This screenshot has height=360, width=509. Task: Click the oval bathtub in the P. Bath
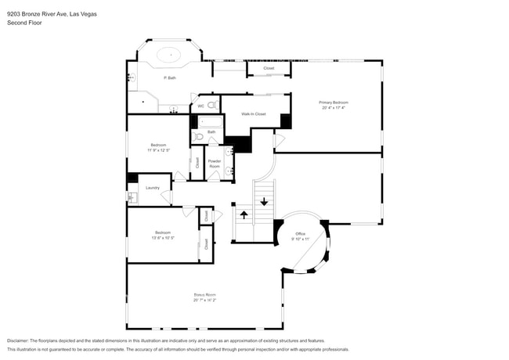[169, 56]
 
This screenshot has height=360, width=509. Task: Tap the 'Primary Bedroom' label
[333, 103]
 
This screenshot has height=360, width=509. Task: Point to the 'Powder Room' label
[214, 164]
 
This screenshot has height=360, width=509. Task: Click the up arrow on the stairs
[243, 214]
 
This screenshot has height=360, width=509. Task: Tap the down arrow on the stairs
[264, 202]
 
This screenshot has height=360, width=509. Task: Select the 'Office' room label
[300, 234]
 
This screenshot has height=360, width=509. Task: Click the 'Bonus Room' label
[204, 295]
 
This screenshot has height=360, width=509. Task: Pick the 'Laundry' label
[152, 188]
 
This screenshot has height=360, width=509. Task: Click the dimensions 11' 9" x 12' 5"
[158, 150]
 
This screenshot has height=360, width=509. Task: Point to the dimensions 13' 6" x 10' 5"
[162, 237]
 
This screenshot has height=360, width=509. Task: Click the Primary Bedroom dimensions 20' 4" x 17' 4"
[333, 108]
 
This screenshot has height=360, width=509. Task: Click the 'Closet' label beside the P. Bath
[269, 69]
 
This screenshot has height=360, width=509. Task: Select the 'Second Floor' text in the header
[24, 23]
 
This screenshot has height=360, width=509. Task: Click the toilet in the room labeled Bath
[199, 136]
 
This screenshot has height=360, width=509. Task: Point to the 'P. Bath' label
[169, 78]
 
